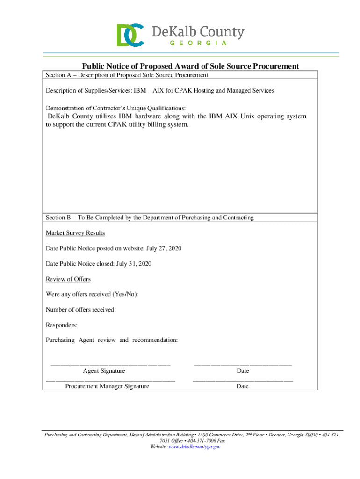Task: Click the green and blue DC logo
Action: [130, 35]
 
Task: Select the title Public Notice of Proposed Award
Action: [191, 66]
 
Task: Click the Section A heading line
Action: [127, 75]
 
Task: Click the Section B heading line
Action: [150, 218]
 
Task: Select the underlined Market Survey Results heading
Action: [75, 233]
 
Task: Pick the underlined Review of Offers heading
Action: [68, 279]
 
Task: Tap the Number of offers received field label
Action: [81, 310]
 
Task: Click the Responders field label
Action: [62, 325]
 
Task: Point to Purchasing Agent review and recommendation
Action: [112, 340]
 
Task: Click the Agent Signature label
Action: [104, 371]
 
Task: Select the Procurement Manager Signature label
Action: [107, 386]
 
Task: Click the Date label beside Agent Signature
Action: [243, 371]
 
